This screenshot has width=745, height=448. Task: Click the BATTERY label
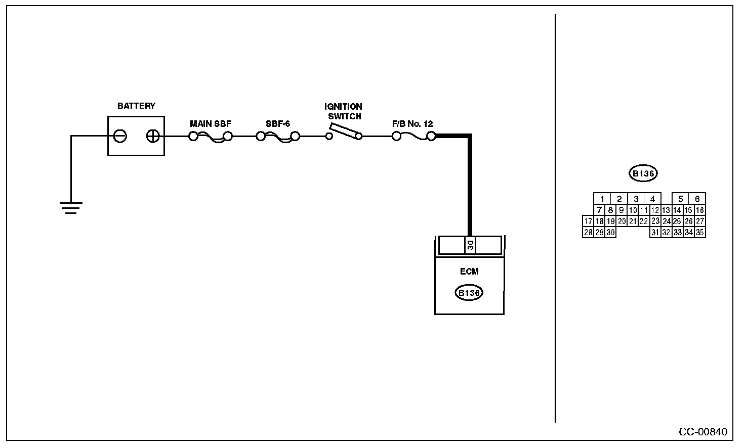(x=136, y=106)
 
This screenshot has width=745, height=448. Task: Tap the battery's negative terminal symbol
(x=120, y=136)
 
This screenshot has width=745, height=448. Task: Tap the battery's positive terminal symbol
(x=153, y=136)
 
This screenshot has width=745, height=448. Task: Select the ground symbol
(x=71, y=207)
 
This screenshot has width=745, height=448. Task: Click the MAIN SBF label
(x=211, y=124)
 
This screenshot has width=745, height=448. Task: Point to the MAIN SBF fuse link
(x=211, y=137)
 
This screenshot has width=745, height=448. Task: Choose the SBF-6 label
(x=278, y=124)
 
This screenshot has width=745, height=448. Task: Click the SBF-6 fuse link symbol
(x=278, y=137)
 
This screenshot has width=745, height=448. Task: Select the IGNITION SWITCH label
(x=344, y=111)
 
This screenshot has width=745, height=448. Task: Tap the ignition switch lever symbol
(x=344, y=131)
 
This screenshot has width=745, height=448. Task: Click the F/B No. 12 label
(x=412, y=124)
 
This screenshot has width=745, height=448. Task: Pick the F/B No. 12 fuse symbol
(x=413, y=136)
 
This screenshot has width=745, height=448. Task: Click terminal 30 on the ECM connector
(x=470, y=245)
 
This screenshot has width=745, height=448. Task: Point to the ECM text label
(x=469, y=272)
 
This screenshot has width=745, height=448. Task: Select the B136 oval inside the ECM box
(x=469, y=293)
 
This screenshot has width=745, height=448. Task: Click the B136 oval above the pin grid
(x=643, y=173)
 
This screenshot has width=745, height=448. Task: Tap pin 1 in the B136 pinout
(x=602, y=199)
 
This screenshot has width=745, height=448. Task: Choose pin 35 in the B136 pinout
(x=700, y=232)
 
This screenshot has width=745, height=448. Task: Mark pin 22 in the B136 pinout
(x=644, y=221)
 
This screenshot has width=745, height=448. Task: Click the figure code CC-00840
(x=703, y=432)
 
